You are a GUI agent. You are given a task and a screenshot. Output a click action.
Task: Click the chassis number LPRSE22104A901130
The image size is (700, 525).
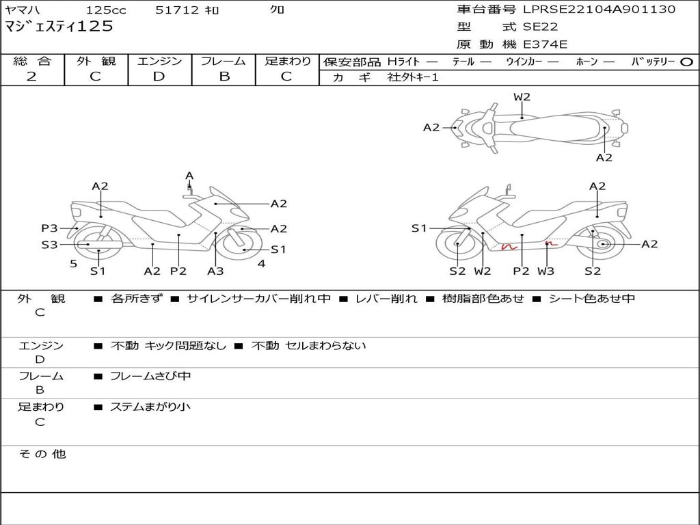599,10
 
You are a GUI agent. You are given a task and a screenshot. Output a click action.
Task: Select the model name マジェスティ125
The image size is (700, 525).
59,27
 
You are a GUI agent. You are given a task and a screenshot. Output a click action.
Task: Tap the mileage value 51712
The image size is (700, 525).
177,10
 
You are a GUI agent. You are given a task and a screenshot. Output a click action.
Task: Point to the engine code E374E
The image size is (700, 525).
545,45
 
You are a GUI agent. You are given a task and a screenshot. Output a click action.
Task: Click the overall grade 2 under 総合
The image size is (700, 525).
31,77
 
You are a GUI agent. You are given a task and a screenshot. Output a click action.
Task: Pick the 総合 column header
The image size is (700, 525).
32,62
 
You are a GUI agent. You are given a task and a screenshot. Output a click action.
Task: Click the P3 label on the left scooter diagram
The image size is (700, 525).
49,228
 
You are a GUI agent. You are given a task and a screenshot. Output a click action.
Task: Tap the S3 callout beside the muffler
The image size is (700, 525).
49,244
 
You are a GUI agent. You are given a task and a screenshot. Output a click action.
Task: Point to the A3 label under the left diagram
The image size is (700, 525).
215,271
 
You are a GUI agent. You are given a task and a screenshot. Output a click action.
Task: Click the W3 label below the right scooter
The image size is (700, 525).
546,271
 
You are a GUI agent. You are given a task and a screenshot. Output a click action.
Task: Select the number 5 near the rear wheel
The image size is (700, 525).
73,263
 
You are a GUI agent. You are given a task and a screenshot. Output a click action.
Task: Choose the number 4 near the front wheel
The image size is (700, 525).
261,263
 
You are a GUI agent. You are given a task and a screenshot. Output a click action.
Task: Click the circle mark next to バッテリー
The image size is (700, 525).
686,62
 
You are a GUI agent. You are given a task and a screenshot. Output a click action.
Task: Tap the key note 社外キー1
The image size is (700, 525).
413,77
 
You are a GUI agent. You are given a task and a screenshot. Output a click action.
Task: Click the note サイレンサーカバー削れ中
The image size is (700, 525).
258,299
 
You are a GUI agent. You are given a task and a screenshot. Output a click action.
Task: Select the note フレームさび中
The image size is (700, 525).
150,377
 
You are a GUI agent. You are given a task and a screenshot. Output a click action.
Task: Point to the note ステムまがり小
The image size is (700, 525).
150,407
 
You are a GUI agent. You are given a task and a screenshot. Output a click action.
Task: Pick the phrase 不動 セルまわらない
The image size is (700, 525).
308,346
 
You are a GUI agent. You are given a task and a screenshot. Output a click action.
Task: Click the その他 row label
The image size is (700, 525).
42,454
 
